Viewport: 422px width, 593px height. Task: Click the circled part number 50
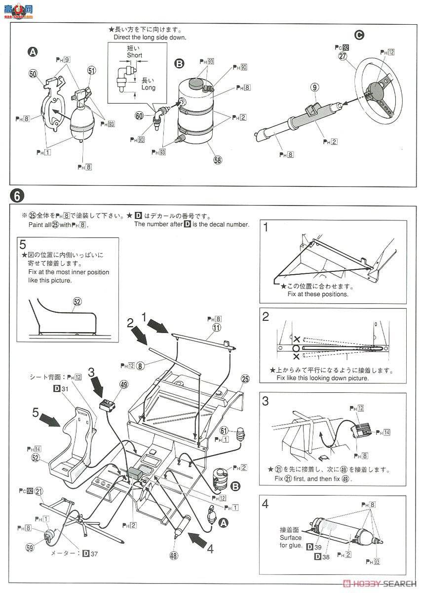(x=34, y=74)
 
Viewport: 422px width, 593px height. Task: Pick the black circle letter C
(x=359, y=35)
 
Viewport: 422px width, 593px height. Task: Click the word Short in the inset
(x=134, y=55)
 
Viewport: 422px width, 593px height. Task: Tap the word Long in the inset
(x=148, y=87)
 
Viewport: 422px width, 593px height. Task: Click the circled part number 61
(x=224, y=430)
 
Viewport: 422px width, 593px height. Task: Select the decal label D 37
(x=89, y=553)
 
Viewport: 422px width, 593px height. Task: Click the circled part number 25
(x=245, y=379)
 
